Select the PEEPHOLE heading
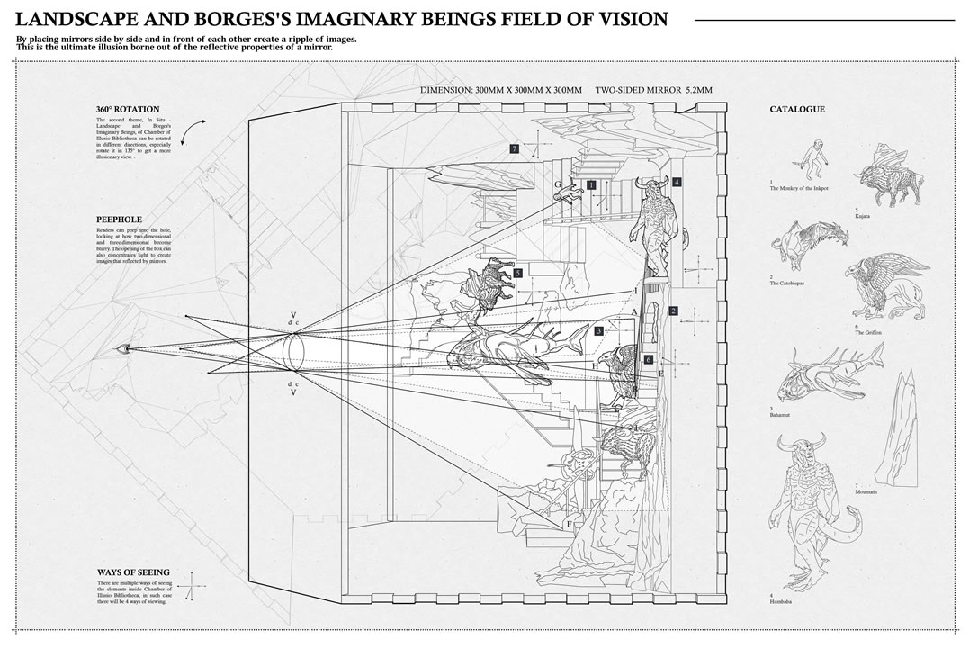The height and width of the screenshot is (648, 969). (x=119, y=219)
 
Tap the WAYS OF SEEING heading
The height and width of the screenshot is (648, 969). (x=132, y=572)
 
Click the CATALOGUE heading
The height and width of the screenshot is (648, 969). (x=796, y=110)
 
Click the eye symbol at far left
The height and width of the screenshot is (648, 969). (x=121, y=348)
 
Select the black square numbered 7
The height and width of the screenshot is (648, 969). (x=514, y=148)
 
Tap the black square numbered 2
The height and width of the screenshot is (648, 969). (x=673, y=311)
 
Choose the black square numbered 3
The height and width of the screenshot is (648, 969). (x=598, y=331)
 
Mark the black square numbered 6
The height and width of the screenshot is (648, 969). (x=648, y=359)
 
